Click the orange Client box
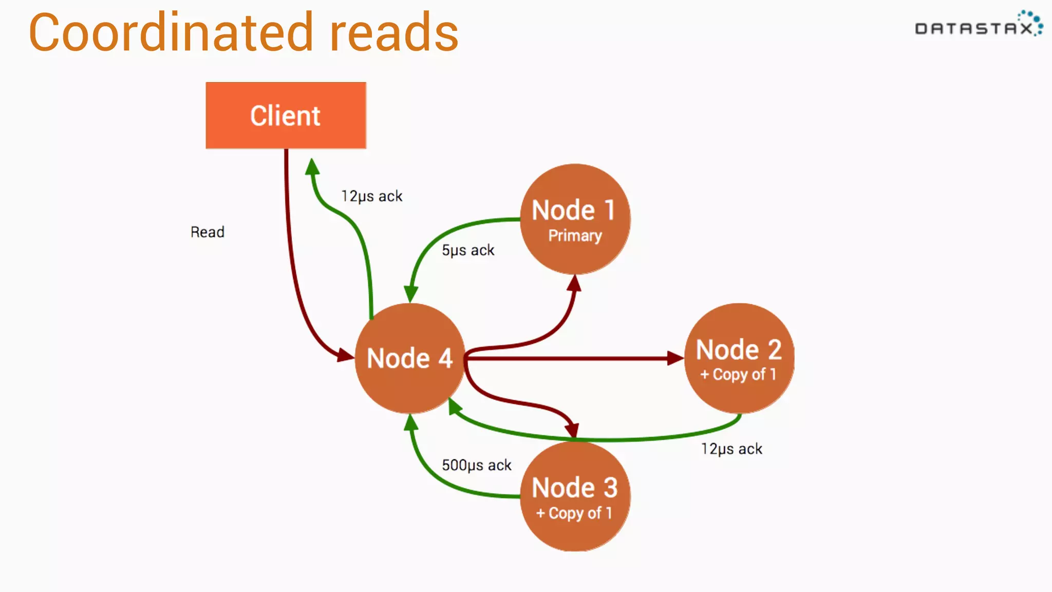coord(286,116)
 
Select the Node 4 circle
coord(409,358)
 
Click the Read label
coord(208,232)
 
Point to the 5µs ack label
coord(468,250)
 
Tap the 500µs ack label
coord(476,465)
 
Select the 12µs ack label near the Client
coord(372,196)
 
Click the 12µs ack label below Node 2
coord(731,449)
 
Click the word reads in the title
coord(394,33)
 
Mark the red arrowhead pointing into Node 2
coord(675,358)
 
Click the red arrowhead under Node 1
coord(575,283)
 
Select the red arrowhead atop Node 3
coord(572,430)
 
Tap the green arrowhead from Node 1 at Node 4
coord(410,294)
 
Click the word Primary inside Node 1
coord(575,235)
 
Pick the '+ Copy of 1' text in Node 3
coord(574,513)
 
